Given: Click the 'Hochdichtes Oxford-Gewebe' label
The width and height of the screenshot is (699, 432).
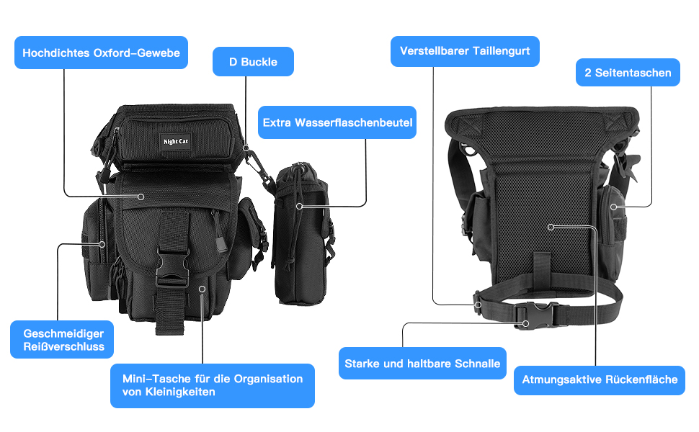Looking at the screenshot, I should click(101, 53).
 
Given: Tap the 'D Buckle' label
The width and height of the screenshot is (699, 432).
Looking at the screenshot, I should click(253, 62).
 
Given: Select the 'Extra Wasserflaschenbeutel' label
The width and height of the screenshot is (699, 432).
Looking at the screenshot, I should click(337, 123).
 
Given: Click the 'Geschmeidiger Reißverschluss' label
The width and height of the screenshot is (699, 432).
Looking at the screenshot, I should click(63, 340).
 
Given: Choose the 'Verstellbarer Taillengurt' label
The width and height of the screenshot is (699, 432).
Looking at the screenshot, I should click(465, 51).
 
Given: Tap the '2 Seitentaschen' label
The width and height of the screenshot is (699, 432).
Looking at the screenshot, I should click(628, 73).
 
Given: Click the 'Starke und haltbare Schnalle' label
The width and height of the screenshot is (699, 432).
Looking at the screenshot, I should click(422, 364).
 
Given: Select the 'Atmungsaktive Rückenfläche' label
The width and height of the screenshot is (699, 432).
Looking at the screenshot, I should click(600, 379).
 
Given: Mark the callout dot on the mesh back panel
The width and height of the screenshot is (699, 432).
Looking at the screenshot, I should click(551, 228).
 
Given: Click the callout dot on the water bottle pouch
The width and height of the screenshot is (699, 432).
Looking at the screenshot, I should click(300, 206).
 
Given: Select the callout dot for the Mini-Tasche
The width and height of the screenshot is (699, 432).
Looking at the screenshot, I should click(202, 289).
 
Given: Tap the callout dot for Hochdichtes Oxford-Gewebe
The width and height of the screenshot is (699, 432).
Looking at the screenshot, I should click(142, 196).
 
